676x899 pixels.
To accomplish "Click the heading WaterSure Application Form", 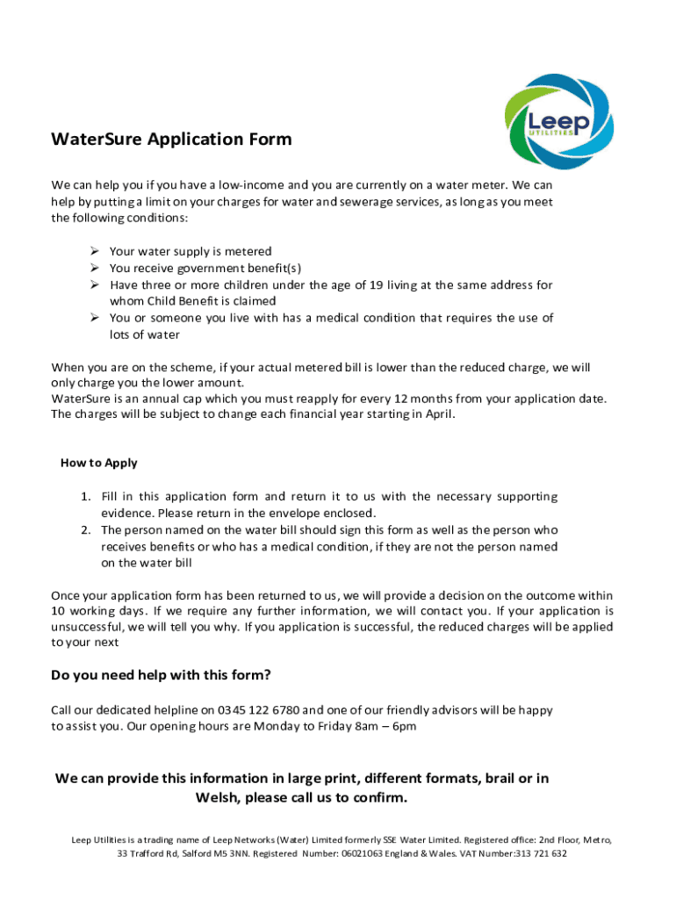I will [171, 140].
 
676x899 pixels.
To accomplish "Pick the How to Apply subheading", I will [98, 463].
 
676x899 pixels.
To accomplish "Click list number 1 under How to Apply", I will [85, 497].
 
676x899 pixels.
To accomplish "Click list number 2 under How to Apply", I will [85, 530].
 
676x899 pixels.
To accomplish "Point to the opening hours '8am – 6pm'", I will [387, 726].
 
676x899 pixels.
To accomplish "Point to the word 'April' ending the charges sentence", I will [438, 414].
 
